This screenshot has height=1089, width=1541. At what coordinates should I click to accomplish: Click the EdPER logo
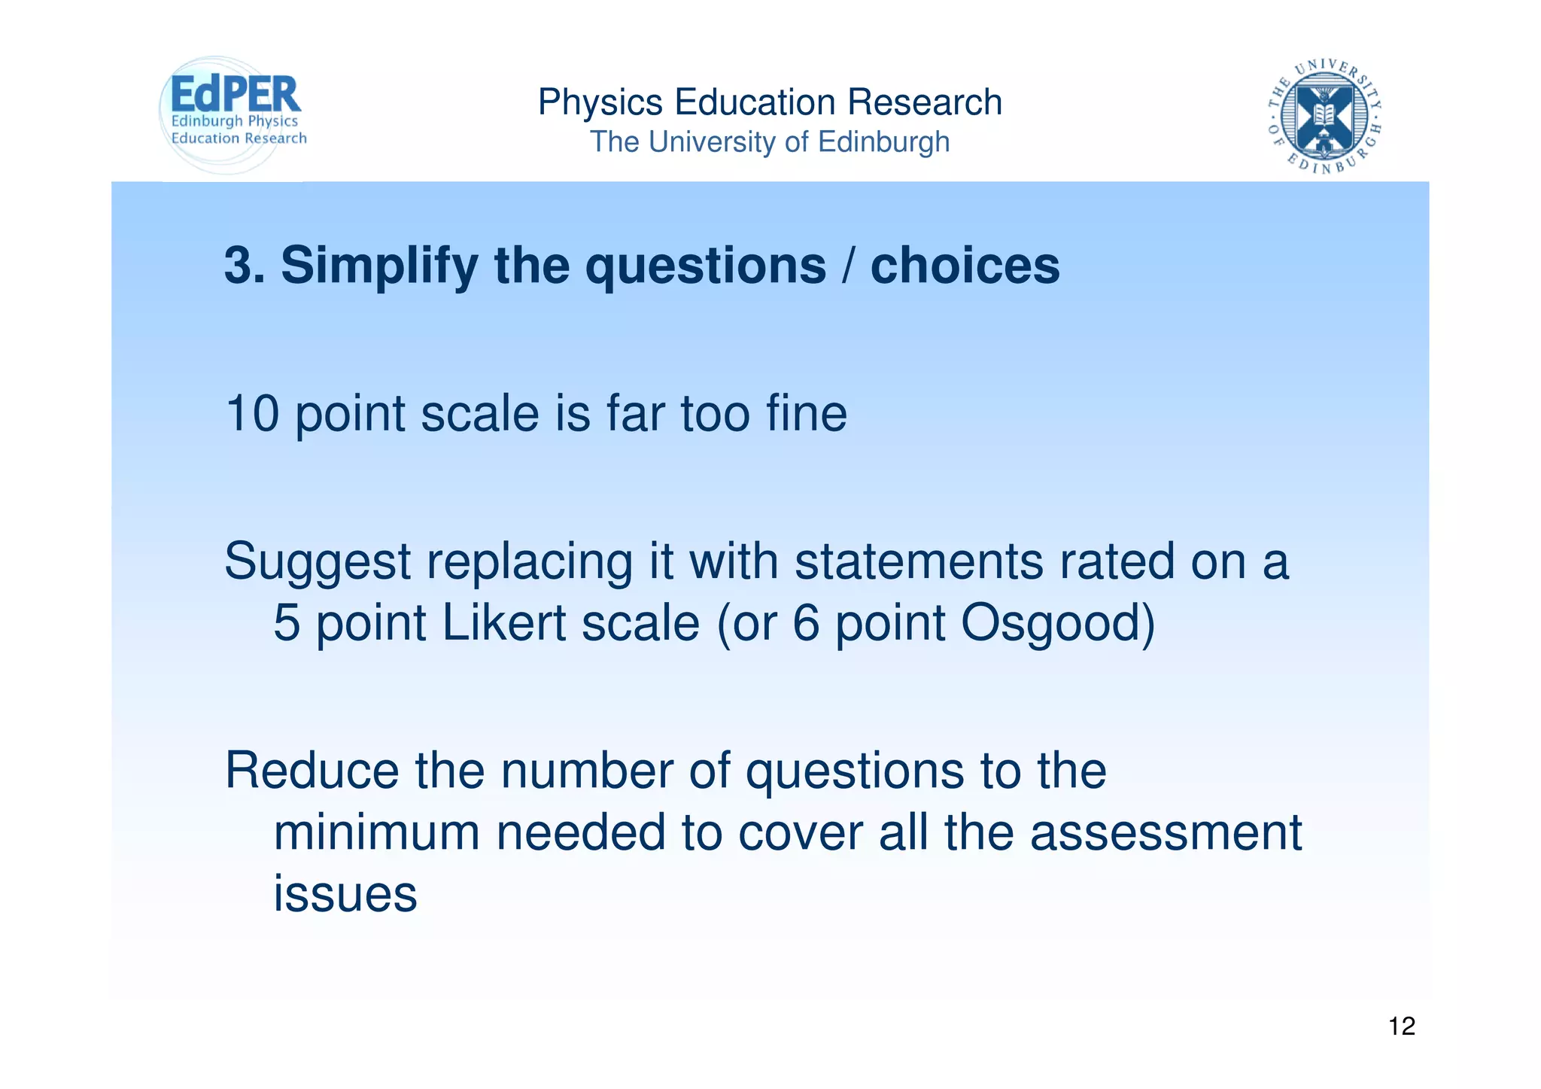(x=233, y=113)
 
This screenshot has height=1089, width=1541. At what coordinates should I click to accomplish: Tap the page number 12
(x=1401, y=1026)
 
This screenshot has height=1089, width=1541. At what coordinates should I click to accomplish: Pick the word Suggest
(x=318, y=562)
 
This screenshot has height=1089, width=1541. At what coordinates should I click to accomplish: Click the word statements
(x=919, y=561)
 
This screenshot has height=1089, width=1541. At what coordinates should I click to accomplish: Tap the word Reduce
(x=312, y=771)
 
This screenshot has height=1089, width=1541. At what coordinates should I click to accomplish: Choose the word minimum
(x=376, y=832)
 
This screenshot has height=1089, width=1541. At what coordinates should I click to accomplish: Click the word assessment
(x=1166, y=832)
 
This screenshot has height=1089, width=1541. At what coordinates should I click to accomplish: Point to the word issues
(x=345, y=893)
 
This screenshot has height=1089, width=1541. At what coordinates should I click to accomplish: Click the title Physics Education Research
(x=770, y=102)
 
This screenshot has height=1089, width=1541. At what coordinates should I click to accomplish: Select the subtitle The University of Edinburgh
(x=770, y=141)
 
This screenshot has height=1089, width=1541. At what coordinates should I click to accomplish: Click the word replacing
(x=530, y=562)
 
